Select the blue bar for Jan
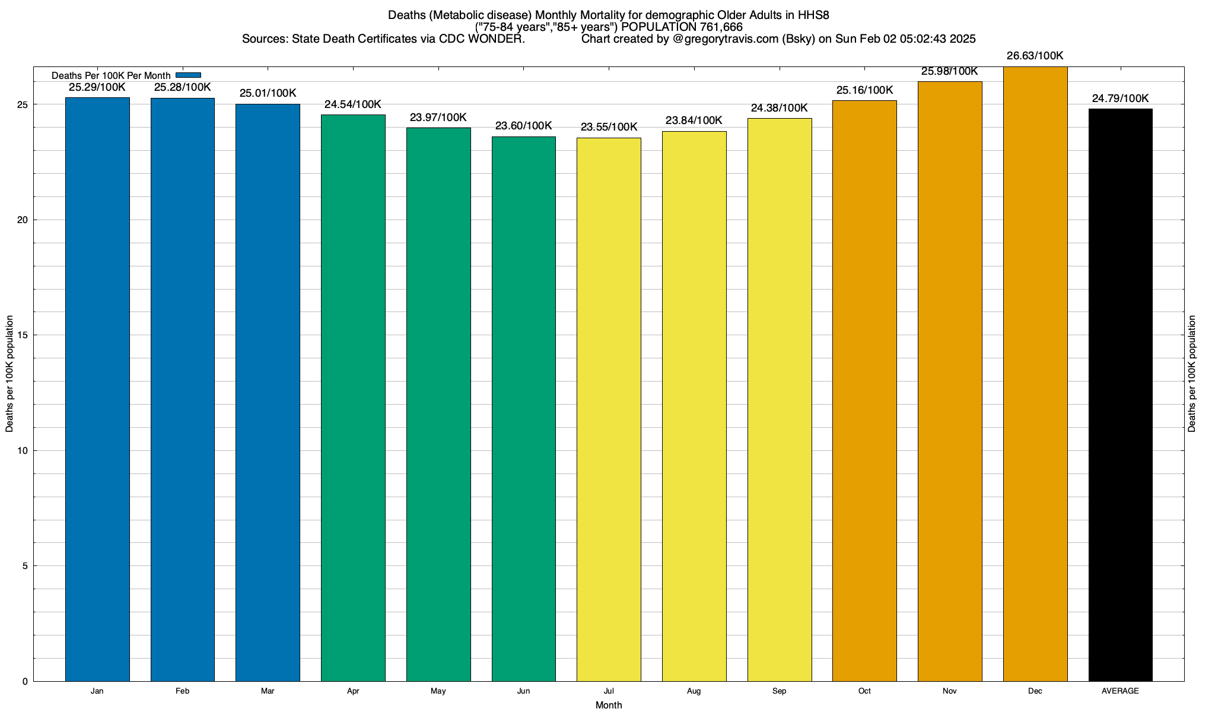tap(97, 389)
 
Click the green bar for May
tap(438, 404)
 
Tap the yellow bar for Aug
tap(694, 406)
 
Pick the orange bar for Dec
tap(1035, 374)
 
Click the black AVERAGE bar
tap(1120, 395)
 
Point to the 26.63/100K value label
tap(1035, 56)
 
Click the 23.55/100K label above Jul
tap(609, 127)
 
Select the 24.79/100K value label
tap(1120, 98)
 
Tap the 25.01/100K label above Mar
tap(268, 93)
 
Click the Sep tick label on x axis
tap(779, 691)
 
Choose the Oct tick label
tap(864, 691)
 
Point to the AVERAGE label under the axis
tap(1120, 691)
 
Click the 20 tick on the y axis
tap(23, 220)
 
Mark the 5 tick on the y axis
tap(25, 566)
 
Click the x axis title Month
tap(609, 705)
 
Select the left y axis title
tap(9, 374)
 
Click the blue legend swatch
tap(188, 75)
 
